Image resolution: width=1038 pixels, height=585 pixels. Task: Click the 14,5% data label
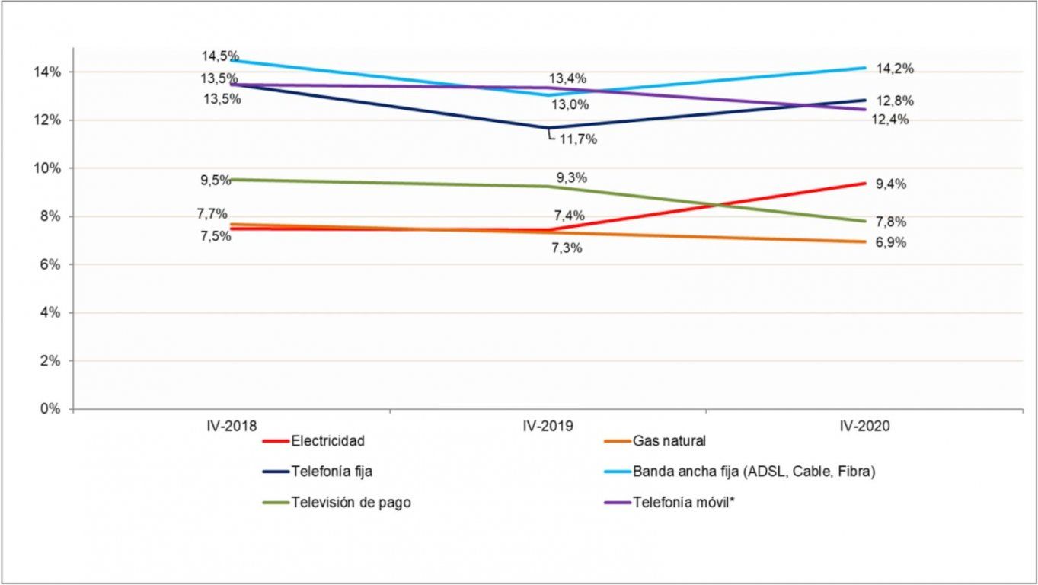point(220,56)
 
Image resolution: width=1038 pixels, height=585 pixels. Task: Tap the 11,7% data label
point(579,139)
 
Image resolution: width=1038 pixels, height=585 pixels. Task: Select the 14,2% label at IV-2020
point(894,69)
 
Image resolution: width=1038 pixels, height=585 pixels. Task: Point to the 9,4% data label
point(890,184)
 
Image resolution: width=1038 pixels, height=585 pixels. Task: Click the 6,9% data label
point(890,243)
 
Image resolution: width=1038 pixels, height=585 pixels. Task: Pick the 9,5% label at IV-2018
point(216,181)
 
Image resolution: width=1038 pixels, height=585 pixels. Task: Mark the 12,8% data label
point(894,101)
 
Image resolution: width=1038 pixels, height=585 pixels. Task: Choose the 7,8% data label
point(890,222)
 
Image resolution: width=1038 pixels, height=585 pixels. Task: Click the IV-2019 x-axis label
point(548,427)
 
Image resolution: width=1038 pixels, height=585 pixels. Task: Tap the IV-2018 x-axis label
point(232,427)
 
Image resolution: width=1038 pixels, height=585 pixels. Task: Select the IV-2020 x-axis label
point(865,427)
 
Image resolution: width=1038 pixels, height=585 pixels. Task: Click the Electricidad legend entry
point(327,441)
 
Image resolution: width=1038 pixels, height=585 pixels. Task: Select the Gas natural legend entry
point(669,441)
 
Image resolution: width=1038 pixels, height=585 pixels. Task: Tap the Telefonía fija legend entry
point(331,472)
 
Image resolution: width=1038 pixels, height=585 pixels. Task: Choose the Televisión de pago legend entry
point(350,503)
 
